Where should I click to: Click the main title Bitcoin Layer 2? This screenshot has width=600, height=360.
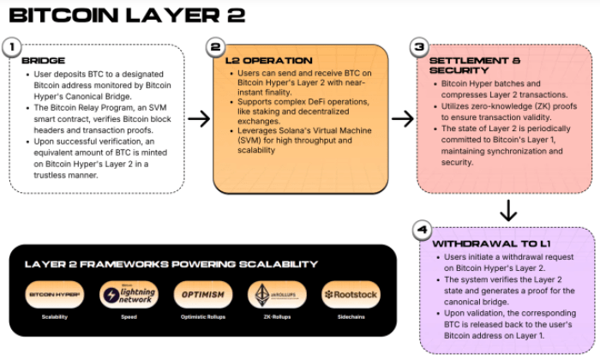point(127,16)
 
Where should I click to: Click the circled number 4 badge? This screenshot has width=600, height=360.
point(420,230)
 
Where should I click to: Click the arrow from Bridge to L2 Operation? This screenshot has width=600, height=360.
point(199,118)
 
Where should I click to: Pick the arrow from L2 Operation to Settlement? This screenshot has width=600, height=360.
point(403,118)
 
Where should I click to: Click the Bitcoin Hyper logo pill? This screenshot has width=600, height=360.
point(56,294)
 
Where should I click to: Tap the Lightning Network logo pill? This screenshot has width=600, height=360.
point(129,295)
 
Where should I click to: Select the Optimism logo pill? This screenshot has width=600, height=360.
point(202,294)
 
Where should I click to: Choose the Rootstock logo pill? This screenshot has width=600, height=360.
point(350,294)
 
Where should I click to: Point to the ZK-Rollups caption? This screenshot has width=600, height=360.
point(276,317)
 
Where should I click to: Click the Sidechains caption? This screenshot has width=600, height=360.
point(350,317)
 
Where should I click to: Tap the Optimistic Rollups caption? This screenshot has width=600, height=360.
point(202,317)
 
